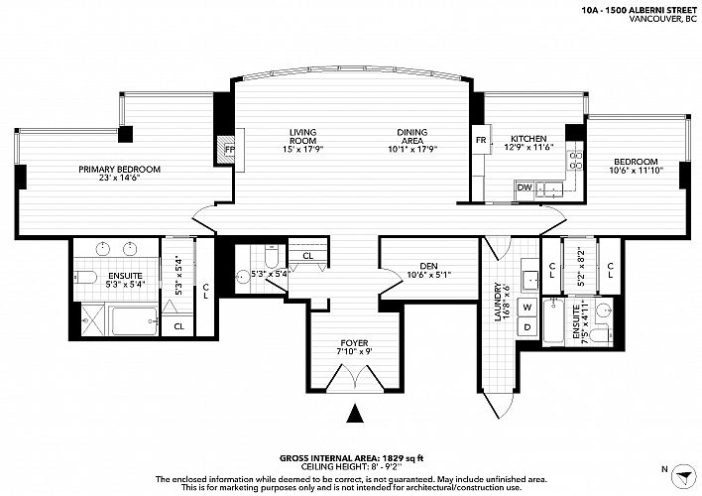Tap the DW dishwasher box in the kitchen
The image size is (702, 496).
coord(525,187)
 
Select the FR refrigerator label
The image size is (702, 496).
coord(481,140)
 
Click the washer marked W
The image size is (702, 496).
coord(527,308)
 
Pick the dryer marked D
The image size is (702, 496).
coord(527,327)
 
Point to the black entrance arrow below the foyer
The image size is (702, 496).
coord(355,413)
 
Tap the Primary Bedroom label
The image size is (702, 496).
coord(120,170)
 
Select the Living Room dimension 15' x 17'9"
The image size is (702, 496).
coord(303,149)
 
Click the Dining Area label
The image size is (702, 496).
coord(412,136)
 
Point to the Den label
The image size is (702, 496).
coord(429,266)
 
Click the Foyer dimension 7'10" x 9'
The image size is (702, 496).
coord(355,351)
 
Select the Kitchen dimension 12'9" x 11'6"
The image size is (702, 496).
coord(528,147)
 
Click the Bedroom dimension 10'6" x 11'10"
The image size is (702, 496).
coord(636,170)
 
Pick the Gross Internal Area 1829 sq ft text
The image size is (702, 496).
coord(351,458)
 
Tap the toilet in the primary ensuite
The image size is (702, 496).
coord(85,278)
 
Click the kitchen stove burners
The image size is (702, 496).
coord(575,161)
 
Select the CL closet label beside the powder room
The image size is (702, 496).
coord(308,256)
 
